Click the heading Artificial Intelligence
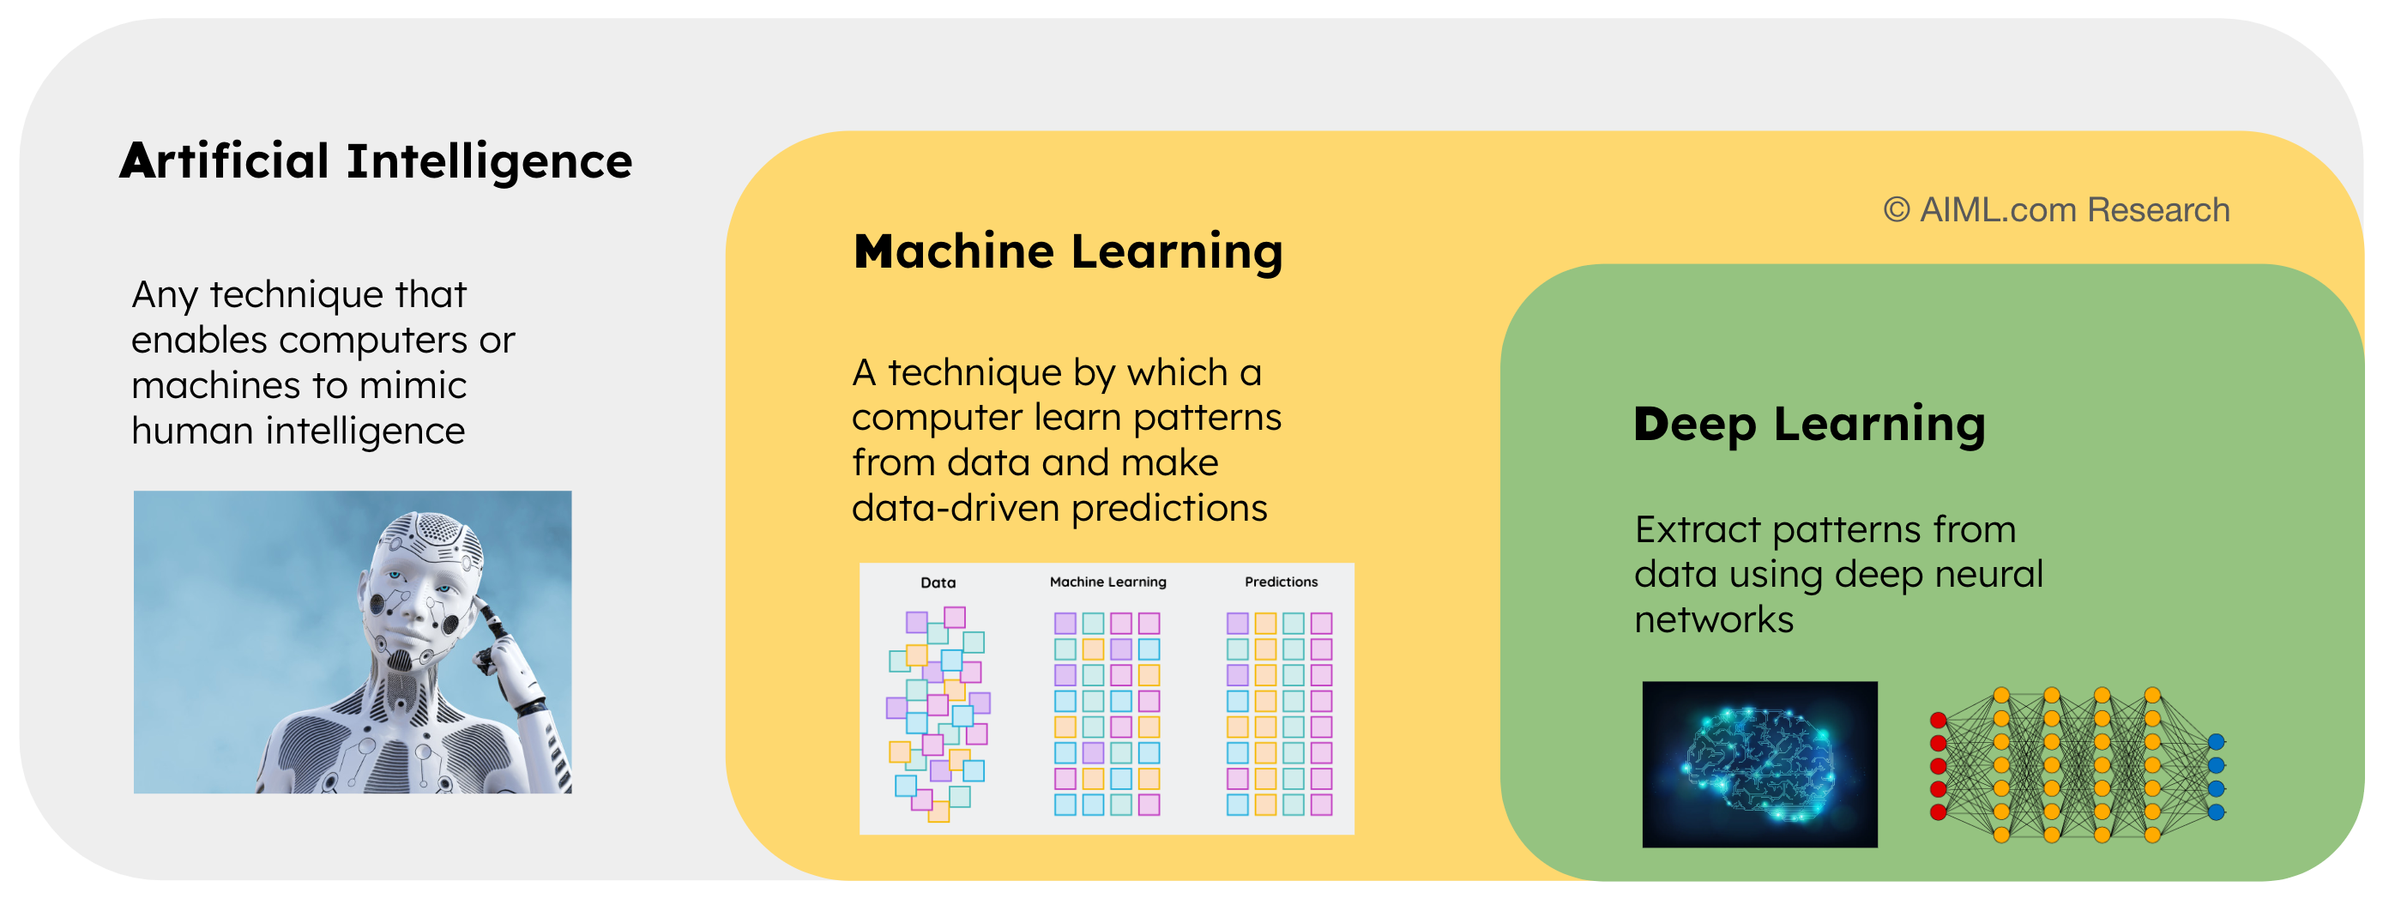(x=376, y=161)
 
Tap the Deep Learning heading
(x=1808, y=425)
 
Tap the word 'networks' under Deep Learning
(x=1713, y=619)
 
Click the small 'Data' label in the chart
(x=937, y=582)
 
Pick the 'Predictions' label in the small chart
(x=1281, y=582)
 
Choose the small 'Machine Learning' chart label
(x=1107, y=582)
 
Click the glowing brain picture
(x=1759, y=764)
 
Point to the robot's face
(x=416, y=601)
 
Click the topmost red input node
(x=1938, y=721)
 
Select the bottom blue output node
(x=2216, y=812)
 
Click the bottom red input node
(x=1938, y=812)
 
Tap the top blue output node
(x=2216, y=742)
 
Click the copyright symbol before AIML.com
(x=1897, y=210)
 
